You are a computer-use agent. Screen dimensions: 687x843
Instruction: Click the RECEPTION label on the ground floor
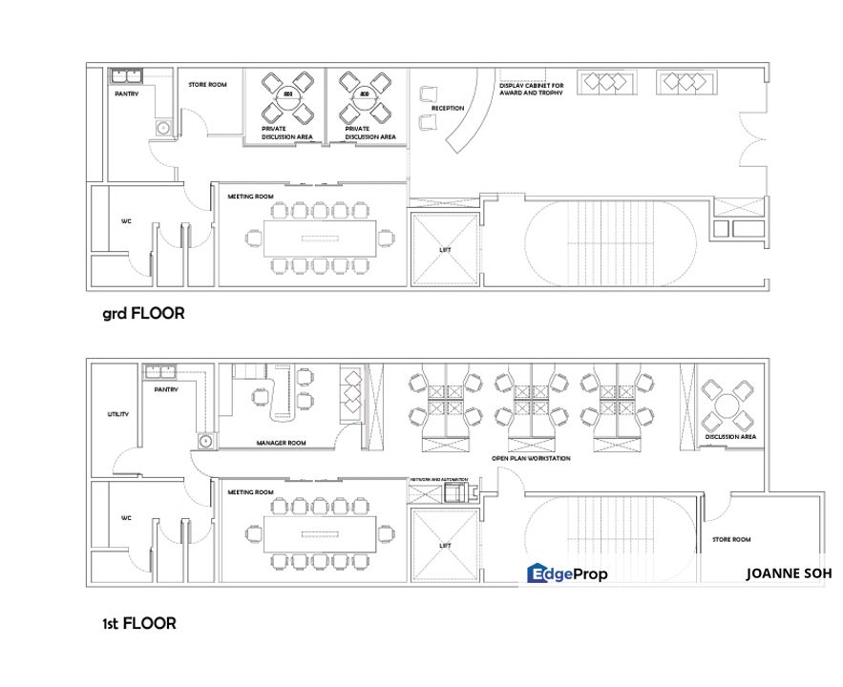coord(448,109)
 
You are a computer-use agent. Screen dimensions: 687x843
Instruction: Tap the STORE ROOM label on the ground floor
coord(207,85)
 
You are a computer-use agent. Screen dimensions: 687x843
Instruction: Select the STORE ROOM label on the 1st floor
coord(731,540)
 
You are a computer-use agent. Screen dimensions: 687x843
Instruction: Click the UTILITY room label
coord(117,415)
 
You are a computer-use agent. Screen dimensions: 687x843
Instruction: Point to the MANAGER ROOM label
coord(281,444)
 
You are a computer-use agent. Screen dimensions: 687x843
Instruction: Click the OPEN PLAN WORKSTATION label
coord(531,459)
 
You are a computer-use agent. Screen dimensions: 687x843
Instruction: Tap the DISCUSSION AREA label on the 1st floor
coord(730,437)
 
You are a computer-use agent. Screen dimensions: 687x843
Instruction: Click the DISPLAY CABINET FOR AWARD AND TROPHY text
coord(531,89)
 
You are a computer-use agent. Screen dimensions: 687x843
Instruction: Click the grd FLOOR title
coord(143,312)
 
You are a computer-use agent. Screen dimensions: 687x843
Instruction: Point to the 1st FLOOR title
coord(139,623)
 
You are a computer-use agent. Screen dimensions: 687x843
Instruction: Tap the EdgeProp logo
coord(567,573)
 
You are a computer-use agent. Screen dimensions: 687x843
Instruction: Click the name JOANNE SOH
coord(789,573)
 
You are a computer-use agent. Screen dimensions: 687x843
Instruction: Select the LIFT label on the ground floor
coord(444,250)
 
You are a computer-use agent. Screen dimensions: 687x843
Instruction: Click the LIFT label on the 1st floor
coord(444,546)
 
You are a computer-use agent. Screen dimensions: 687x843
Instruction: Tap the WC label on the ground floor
coord(125,221)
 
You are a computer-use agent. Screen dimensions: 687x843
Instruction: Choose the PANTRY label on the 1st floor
coord(168,389)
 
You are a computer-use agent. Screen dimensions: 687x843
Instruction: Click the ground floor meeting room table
coord(313,237)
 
